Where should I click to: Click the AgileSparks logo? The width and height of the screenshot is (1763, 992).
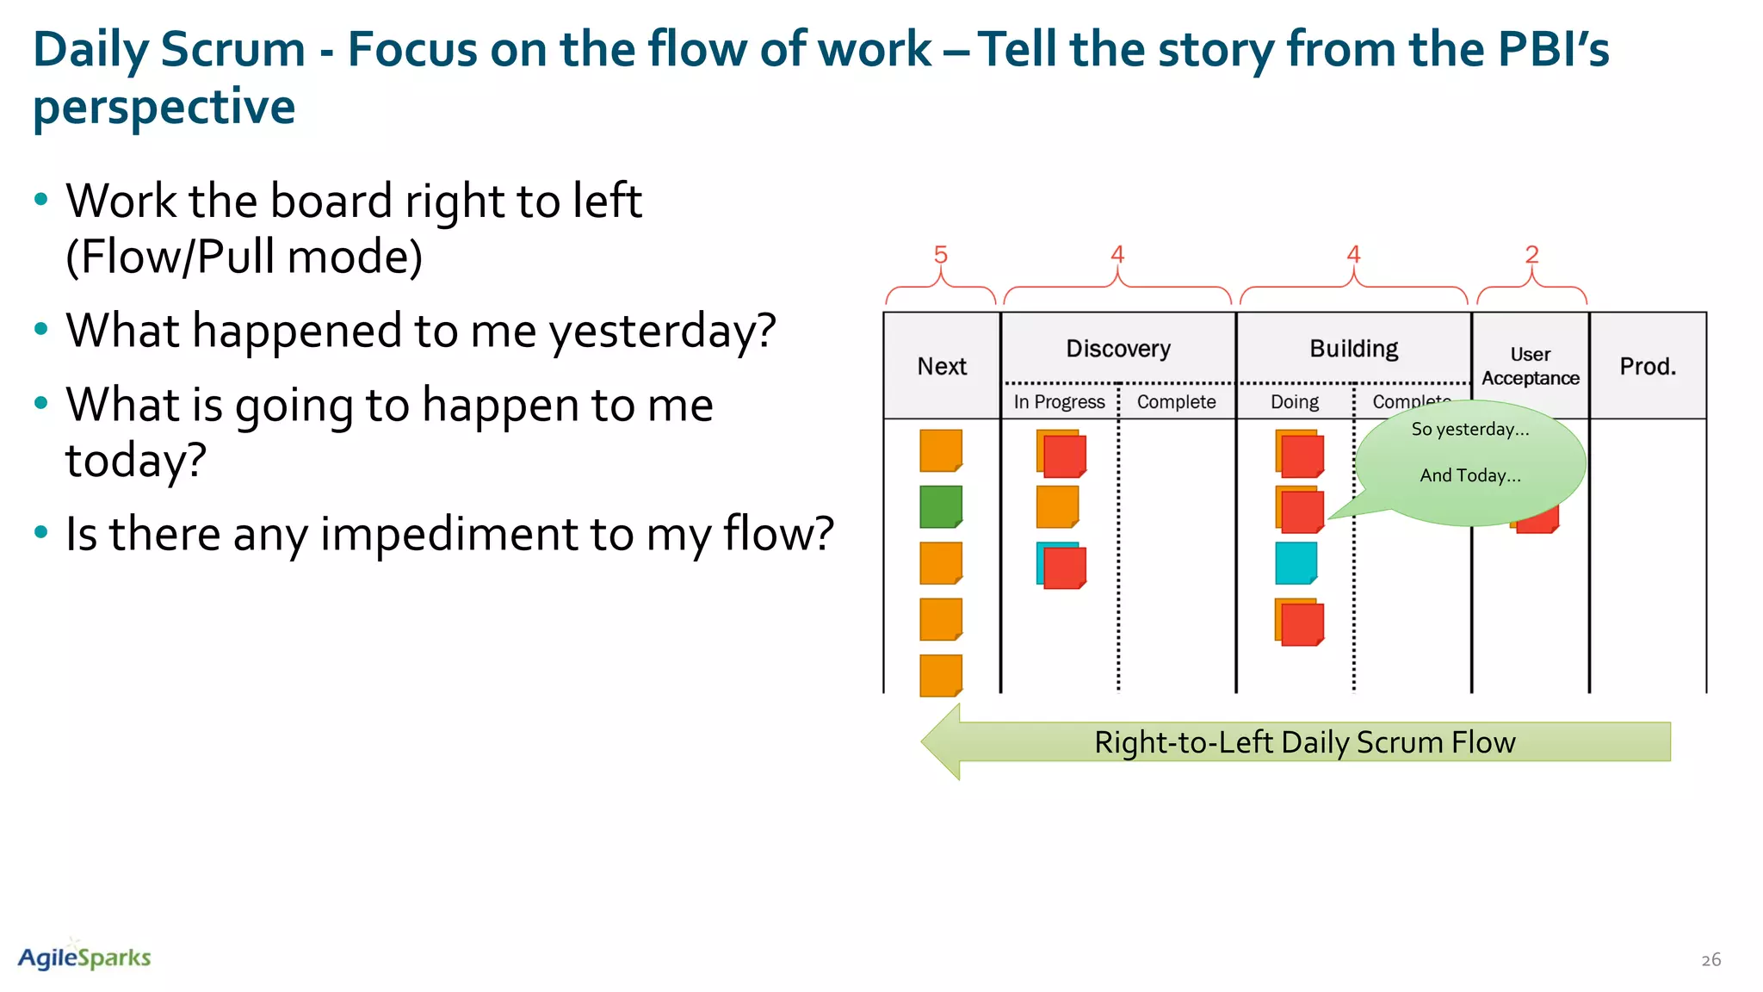tap(84, 957)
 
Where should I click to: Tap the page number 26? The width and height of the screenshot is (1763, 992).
tap(1710, 959)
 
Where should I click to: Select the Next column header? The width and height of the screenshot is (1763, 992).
tap(942, 366)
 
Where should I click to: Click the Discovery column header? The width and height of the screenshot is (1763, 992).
tap(1118, 349)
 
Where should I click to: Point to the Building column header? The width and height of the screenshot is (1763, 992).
tap(1353, 349)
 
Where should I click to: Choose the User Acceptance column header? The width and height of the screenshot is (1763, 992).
tap(1530, 366)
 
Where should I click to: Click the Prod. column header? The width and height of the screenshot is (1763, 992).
tap(1648, 366)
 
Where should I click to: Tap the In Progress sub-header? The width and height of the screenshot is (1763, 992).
tap(1059, 402)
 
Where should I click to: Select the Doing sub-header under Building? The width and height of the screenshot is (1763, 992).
tap(1294, 402)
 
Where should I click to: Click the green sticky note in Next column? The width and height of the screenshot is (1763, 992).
tap(940, 506)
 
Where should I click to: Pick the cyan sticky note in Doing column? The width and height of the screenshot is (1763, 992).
tap(1296, 562)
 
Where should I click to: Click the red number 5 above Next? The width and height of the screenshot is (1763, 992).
tap(940, 255)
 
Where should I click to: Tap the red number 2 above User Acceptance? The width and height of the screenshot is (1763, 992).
tap(1531, 255)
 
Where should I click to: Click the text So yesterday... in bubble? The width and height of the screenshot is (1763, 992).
tap(1469, 429)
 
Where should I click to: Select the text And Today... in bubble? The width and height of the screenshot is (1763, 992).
tap(1469, 475)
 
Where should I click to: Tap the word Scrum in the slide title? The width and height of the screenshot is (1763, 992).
tap(232, 49)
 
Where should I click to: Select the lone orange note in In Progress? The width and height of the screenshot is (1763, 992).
tap(1057, 506)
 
